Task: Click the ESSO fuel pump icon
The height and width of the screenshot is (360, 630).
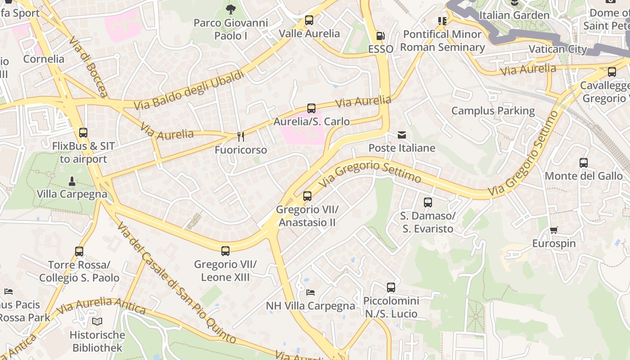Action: click(x=380, y=36)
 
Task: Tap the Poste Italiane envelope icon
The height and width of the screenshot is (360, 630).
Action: click(x=401, y=135)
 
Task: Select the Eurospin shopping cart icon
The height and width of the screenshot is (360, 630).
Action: click(x=553, y=230)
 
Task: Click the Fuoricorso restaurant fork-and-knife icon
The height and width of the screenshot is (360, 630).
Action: click(x=241, y=136)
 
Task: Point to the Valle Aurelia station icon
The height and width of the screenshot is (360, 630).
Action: click(x=309, y=20)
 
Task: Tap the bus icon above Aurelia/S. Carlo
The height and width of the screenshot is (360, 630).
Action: click(x=311, y=108)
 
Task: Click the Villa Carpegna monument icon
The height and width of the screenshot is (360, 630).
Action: click(x=72, y=181)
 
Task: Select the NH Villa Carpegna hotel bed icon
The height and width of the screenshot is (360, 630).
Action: click(x=310, y=292)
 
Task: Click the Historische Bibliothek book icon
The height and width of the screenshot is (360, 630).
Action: click(x=97, y=321)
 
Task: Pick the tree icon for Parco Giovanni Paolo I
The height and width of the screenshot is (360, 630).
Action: click(x=230, y=9)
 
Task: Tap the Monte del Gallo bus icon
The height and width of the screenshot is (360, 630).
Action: click(x=583, y=163)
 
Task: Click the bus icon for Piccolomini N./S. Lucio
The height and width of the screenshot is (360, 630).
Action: click(x=391, y=288)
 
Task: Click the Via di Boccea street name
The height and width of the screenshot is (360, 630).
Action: click(x=89, y=67)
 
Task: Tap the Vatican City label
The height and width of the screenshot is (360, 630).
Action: click(x=558, y=49)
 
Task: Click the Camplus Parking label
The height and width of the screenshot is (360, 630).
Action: click(x=493, y=111)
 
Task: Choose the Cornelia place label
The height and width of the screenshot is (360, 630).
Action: click(x=44, y=59)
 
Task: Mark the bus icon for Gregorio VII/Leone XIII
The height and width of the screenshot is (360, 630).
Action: click(x=225, y=251)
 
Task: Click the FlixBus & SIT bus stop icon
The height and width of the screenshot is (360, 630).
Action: click(x=83, y=133)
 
